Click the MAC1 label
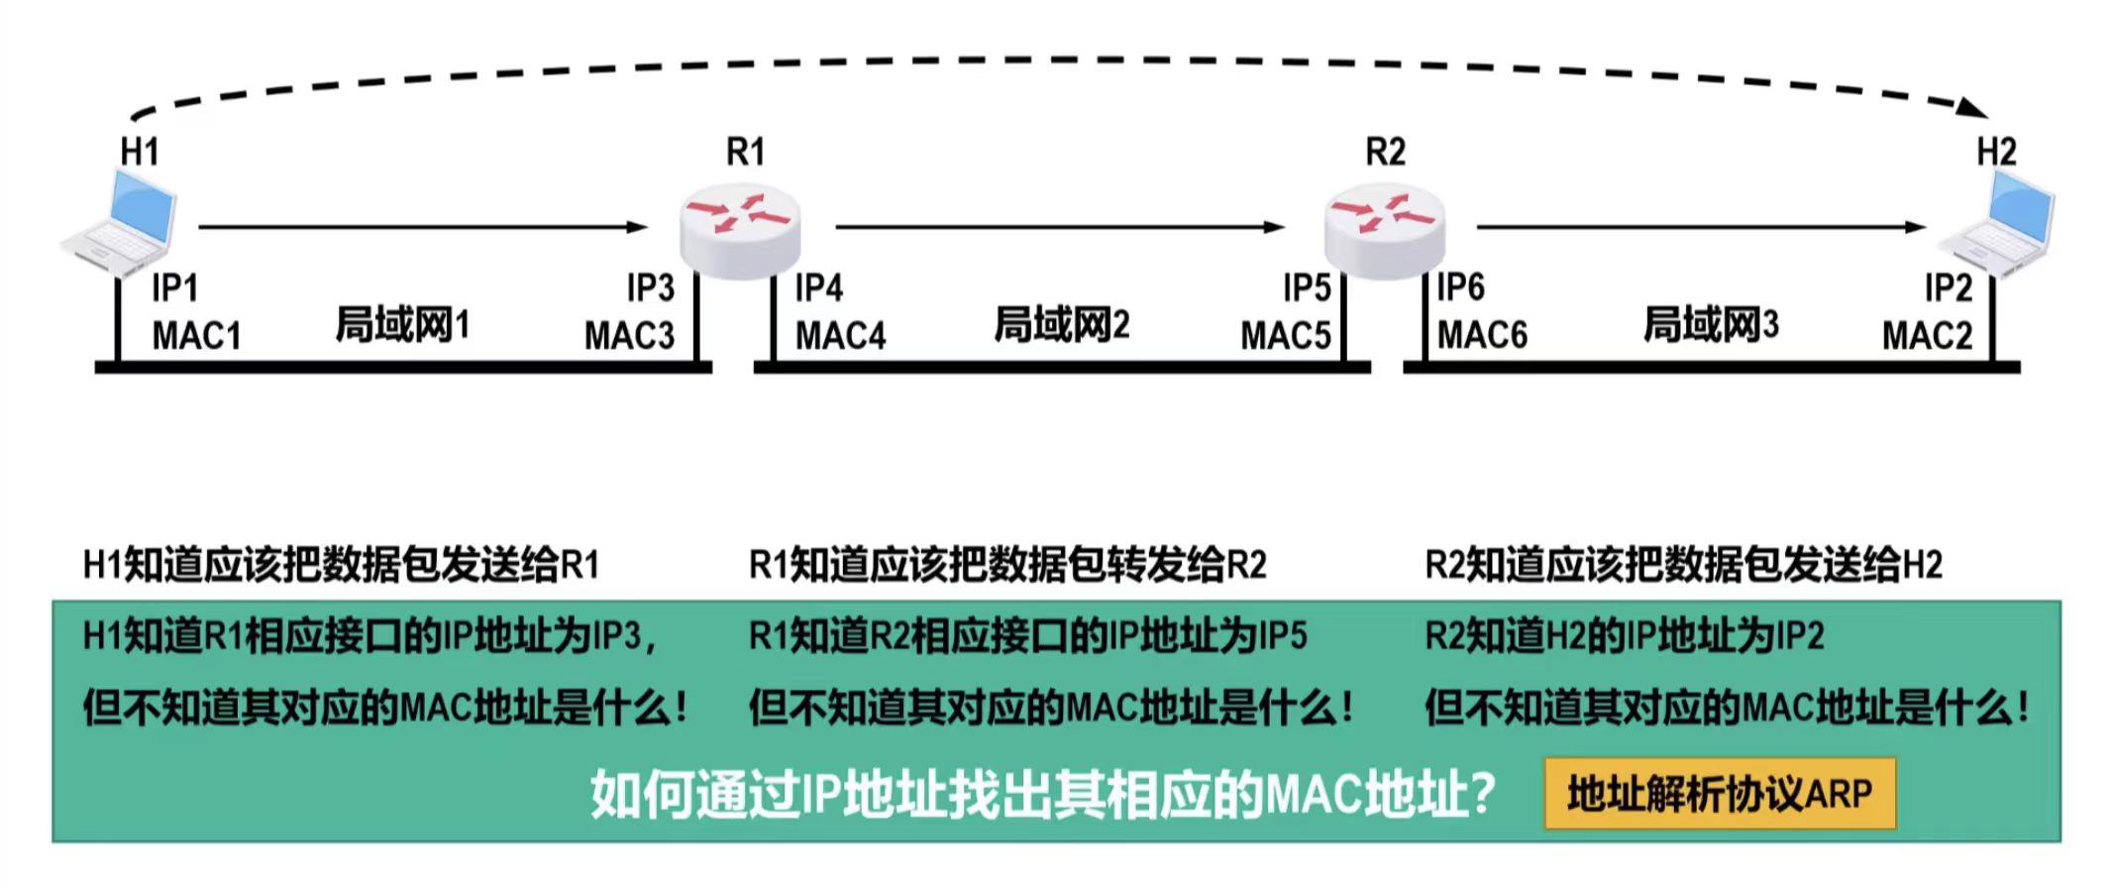tap(196, 336)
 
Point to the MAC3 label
tap(629, 336)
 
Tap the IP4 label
tap(818, 288)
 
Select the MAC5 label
tap(1285, 336)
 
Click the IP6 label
tap(1460, 287)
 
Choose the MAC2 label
tap(1927, 336)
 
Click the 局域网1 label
tap(402, 324)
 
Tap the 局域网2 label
tap(1061, 324)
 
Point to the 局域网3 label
tap(1711, 324)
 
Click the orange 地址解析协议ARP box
tap(1720, 794)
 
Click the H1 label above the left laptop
tap(140, 152)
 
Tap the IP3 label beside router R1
tap(650, 288)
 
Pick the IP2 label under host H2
tap(1948, 288)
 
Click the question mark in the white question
tap(1482, 794)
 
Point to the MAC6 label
tap(1482, 336)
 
